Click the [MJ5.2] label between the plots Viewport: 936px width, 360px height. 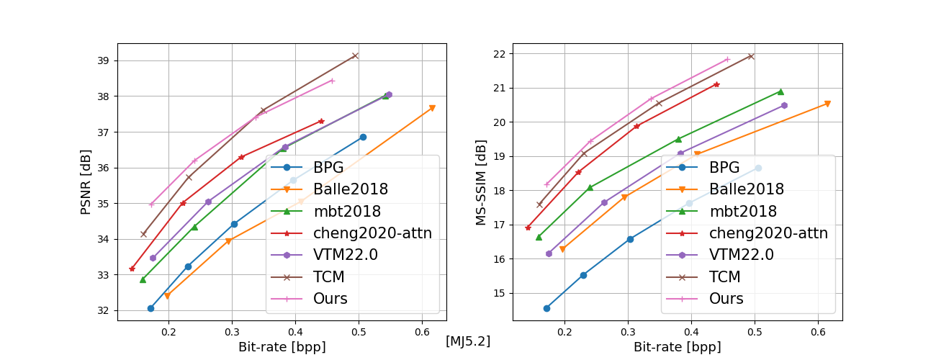pos(468,341)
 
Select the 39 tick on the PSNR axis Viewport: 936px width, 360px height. pos(104,60)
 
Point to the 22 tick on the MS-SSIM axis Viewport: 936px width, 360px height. pos(499,54)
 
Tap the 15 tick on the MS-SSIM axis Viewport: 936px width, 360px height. pos(499,293)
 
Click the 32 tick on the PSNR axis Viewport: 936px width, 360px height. pos(104,311)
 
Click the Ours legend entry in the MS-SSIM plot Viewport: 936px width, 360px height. pos(726,299)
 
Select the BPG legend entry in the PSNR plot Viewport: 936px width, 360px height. pos(328,168)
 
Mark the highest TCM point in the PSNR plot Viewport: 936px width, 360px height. pos(355,55)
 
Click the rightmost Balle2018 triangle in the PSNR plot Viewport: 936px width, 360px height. pos(432,108)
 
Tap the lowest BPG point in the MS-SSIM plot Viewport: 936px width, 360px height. pos(546,308)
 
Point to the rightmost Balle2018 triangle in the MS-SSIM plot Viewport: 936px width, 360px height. pos(827,104)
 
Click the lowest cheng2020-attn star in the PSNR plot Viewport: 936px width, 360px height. pos(132,269)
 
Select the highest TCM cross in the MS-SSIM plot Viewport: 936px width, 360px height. pos(750,56)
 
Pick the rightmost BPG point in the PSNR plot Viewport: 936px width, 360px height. pos(363,137)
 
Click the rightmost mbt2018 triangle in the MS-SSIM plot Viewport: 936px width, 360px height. pos(780,91)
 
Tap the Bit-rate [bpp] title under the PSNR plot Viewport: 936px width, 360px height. pos(282,347)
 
